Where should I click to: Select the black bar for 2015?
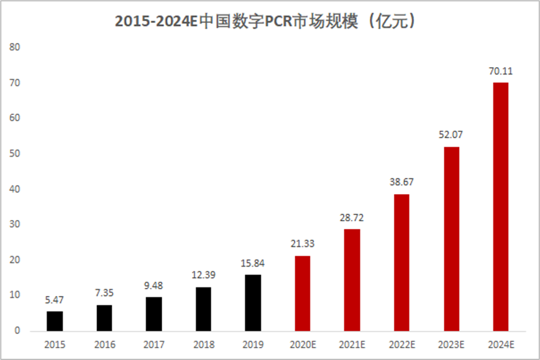tap(55, 321)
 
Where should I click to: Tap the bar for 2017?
tap(153, 314)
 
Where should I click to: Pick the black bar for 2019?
tap(253, 303)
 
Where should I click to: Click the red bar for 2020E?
tap(302, 293)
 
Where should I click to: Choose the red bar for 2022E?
tap(401, 262)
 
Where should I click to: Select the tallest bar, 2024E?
tap(500, 206)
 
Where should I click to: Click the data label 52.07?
tap(451, 134)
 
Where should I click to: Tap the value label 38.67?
tap(401, 182)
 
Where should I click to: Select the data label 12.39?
tap(203, 275)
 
